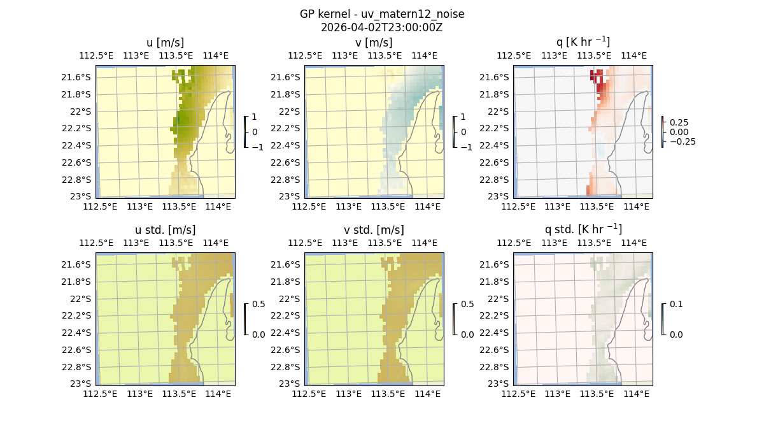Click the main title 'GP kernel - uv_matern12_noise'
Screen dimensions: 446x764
click(382, 14)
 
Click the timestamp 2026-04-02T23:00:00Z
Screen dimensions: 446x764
click(382, 27)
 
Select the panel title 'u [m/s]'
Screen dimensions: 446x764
click(166, 43)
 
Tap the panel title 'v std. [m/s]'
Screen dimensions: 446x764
click(374, 230)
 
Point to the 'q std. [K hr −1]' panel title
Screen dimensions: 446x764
click(583, 229)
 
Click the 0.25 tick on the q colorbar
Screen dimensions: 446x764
click(679, 122)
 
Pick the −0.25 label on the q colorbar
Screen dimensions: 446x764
click(682, 141)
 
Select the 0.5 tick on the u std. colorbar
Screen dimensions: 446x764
click(258, 305)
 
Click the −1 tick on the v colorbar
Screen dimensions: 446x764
click(467, 147)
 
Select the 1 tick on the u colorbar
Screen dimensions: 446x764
click(255, 117)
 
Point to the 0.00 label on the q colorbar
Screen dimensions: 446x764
click(682, 132)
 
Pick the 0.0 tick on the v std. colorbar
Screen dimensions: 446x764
click(467, 334)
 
